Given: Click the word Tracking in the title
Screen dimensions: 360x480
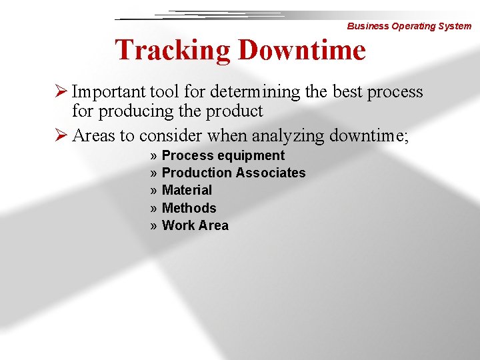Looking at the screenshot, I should click(173, 51).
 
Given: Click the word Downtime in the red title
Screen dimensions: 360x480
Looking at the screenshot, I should click(301, 51).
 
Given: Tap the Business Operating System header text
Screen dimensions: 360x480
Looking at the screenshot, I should click(409, 26).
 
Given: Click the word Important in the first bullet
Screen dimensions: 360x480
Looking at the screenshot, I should click(109, 91).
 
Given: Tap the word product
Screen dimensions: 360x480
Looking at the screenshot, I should click(233, 111).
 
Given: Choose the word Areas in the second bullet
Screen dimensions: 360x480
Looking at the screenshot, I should click(93, 136).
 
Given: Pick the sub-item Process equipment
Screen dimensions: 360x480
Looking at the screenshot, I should click(223, 155).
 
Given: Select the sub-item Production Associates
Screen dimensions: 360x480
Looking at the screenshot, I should click(233, 173).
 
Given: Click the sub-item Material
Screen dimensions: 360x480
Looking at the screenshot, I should click(187, 190).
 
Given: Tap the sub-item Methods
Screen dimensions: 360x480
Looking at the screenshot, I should click(189, 208).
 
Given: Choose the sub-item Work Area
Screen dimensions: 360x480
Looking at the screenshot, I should click(195, 225).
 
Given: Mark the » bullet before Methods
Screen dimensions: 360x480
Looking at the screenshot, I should click(154, 208).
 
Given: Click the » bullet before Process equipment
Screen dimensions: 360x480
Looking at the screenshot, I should click(154, 155).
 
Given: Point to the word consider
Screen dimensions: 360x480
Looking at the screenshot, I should click(171, 136).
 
